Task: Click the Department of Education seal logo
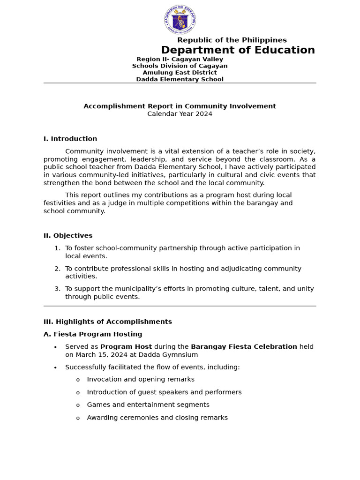coord(180,20)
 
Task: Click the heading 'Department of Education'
coord(238,50)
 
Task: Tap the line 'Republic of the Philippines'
coord(232,40)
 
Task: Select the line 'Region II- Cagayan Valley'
coord(180,60)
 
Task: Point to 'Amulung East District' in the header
coord(180,73)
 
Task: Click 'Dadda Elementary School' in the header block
coord(180,79)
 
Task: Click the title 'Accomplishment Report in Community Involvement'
coord(180,106)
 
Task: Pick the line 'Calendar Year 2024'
coord(180,114)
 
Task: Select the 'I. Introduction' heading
coord(70,139)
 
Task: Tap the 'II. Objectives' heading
coord(68,236)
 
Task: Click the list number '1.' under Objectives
coord(57,248)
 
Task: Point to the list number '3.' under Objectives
coord(57,289)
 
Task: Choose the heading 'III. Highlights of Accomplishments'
coord(107,322)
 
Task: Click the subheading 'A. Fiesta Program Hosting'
coord(93,334)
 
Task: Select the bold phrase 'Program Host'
coord(126,347)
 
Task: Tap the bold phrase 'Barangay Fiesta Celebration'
coord(244,347)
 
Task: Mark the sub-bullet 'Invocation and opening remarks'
coord(141,379)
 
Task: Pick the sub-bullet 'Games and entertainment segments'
coord(148,405)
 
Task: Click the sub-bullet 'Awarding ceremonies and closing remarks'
coord(157,418)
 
